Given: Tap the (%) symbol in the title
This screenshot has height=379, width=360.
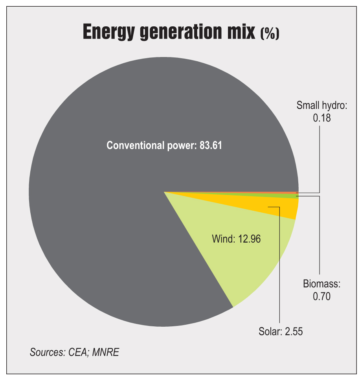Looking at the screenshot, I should tap(270, 34).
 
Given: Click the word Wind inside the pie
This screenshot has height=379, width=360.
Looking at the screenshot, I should tap(222, 239).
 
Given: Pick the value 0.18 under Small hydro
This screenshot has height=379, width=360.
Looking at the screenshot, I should tap(321, 118).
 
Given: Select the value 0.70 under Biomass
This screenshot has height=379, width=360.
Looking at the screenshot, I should tap(321, 296).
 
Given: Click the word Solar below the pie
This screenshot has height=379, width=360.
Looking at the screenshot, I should tap(268, 331).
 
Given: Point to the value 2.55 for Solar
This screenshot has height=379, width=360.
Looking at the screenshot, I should tap(293, 331).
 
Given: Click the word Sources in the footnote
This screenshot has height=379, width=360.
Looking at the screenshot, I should tap(46, 353).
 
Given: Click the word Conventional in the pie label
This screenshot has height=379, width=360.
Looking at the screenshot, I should tap(134, 145).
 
